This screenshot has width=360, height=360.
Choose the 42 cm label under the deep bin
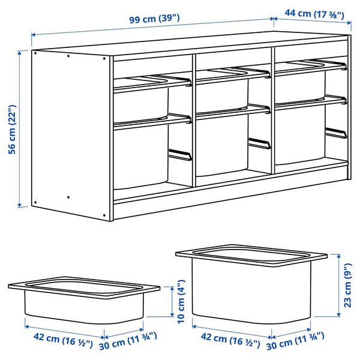pyautogui.click(x=226, y=344)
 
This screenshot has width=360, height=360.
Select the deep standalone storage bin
pyautogui.click(x=252, y=282)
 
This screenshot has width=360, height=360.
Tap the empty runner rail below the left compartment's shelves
pyautogui.click(x=179, y=155)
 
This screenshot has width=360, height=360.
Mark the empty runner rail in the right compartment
pyautogui.click(x=335, y=133)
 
